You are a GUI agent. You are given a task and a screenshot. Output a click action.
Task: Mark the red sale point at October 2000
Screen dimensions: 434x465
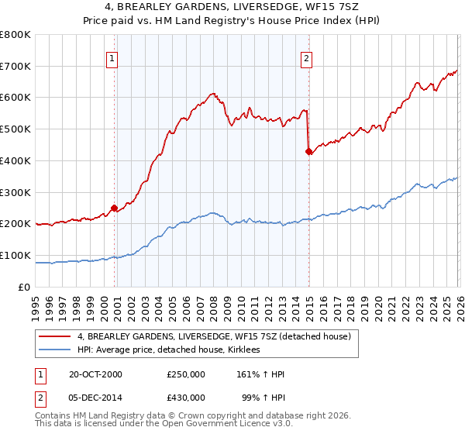[114, 208]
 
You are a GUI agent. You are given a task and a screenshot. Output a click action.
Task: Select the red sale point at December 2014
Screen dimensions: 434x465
[308, 151]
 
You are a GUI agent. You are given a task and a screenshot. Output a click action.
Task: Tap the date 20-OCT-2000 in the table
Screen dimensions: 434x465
[95, 374]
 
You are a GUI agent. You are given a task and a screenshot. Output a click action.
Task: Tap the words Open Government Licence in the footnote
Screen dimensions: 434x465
[217, 425]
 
